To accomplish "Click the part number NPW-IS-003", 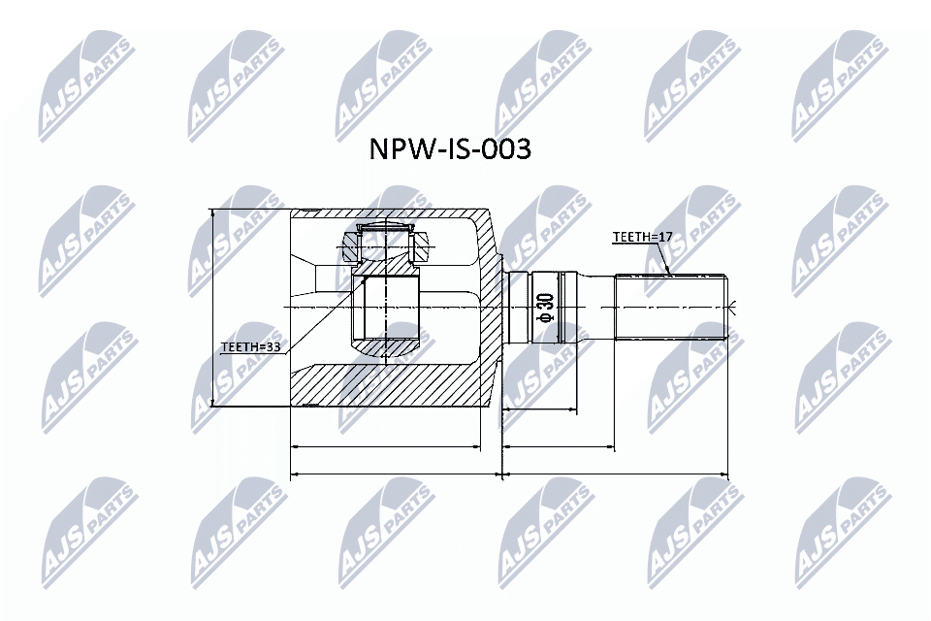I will [450, 150].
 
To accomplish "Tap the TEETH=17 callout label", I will [641, 237].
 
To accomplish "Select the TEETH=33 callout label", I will [250, 344].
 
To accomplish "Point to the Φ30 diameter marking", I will [544, 307].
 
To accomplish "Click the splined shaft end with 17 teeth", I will [671, 307].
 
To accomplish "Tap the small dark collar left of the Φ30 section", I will [516, 307].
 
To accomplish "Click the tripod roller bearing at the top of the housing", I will [386, 242].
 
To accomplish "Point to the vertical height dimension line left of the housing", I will [211, 307].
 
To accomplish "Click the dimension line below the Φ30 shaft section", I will [559, 447].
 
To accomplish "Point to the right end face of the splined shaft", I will [727, 307].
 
